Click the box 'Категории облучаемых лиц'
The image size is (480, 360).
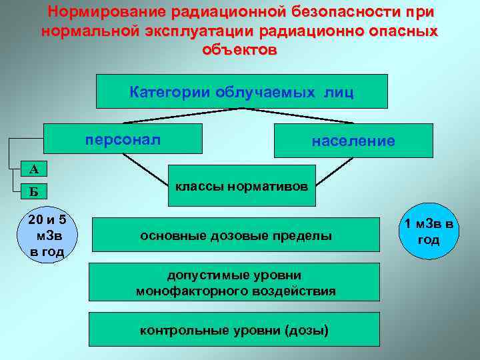tap(241, 91)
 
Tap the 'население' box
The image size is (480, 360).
tap(353, 141)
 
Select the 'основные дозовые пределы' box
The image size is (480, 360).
tap(235, 236)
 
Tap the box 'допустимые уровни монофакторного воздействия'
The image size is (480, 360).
tap(235, 283)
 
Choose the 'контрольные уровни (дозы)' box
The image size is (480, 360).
tap(235, 329)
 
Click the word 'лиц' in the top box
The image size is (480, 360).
tap(339, 91)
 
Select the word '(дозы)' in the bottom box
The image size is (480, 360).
tap(306, 329)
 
